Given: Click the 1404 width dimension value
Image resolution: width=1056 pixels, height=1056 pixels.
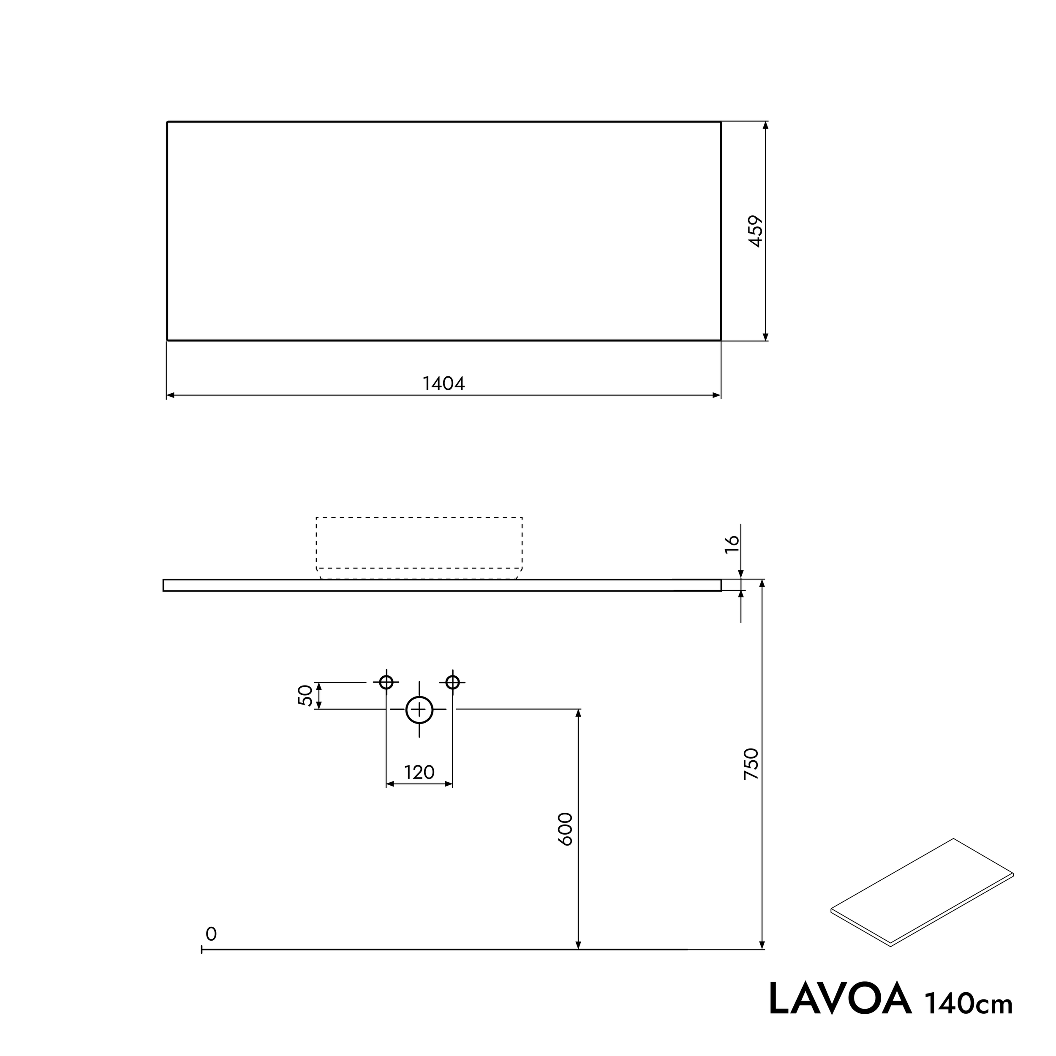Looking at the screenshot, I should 443,384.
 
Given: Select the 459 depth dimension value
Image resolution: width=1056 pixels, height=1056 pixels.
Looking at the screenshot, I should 756,231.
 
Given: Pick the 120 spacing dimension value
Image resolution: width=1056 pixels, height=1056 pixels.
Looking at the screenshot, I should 419,772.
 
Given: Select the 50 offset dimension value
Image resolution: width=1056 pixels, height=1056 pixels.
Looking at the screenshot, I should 305,695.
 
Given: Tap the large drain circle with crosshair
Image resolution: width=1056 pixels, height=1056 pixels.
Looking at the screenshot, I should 419,710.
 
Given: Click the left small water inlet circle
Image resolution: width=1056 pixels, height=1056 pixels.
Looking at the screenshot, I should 386,682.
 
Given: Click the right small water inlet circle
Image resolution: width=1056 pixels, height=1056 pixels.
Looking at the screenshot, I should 452,682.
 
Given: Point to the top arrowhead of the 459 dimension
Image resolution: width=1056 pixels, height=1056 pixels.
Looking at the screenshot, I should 765,125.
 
